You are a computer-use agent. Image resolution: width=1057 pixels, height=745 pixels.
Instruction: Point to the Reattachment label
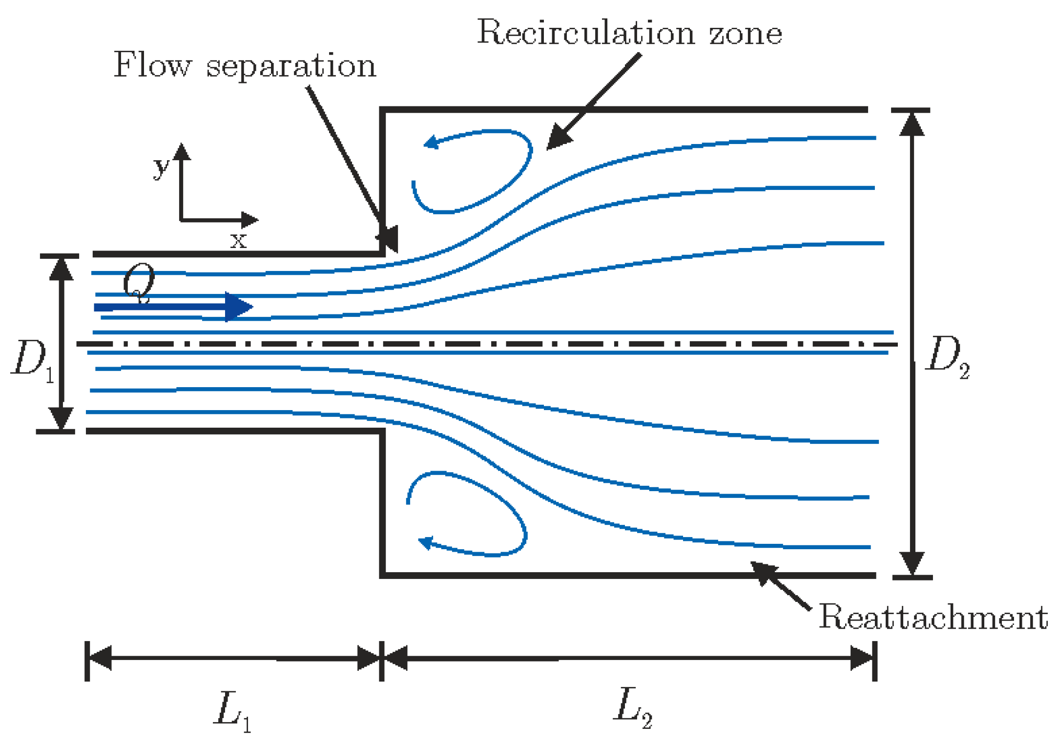pos(933,617)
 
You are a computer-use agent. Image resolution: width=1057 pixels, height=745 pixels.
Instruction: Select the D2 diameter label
pos(946,356)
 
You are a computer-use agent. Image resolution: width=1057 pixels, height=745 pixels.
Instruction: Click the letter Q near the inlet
pos(139,282)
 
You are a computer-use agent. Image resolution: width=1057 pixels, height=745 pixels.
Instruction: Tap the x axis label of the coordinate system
pos(238,240)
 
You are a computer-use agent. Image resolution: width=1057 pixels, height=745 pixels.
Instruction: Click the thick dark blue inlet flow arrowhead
pos(239,307)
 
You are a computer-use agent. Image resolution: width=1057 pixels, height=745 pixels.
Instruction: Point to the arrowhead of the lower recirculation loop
pos(426,542)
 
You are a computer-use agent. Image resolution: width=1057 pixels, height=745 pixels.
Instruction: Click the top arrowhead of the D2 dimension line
pos(912,124)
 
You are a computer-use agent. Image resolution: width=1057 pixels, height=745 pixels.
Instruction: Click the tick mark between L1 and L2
pos(382,661)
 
